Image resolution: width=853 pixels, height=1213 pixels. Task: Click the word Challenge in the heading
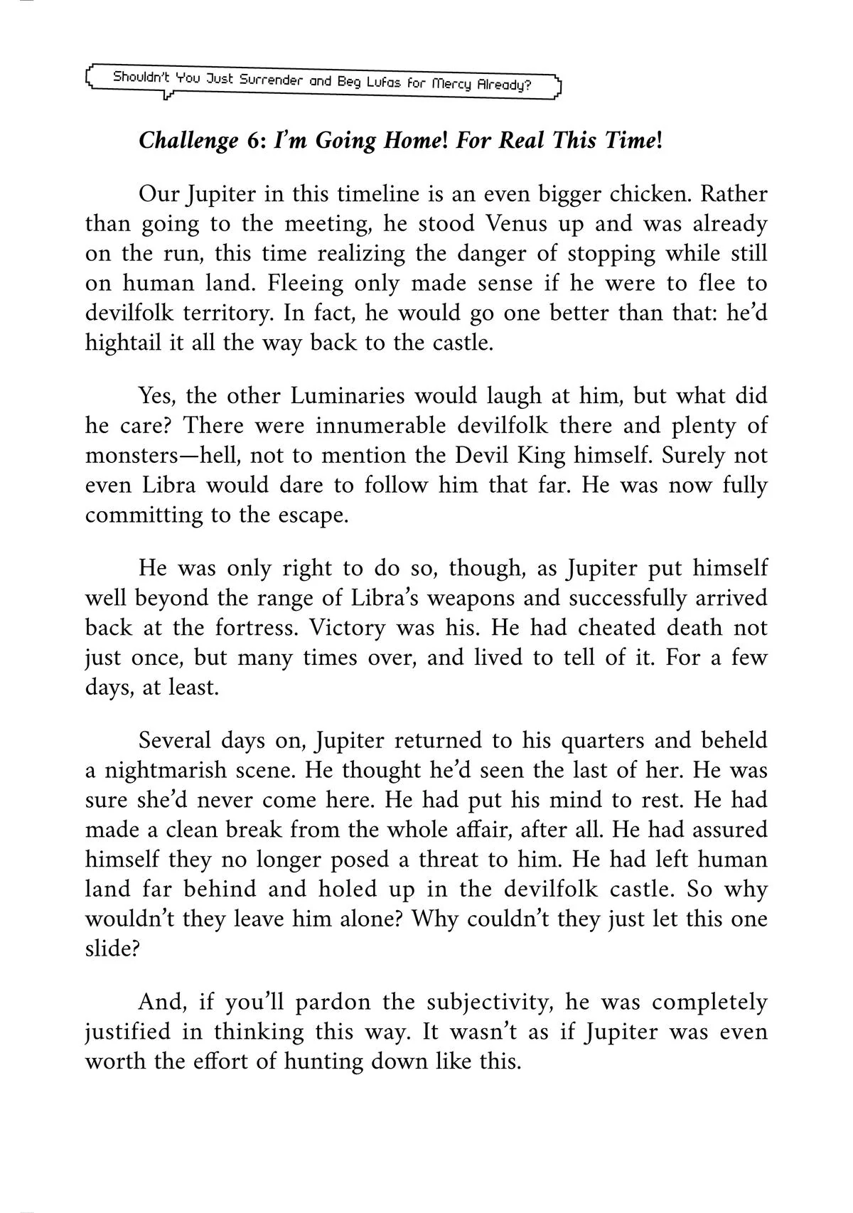(188, 141)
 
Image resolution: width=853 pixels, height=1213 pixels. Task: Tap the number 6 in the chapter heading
(256, 140)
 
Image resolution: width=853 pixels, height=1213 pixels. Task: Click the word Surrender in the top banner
(272, 80)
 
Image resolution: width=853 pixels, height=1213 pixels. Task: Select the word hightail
(120, 343)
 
